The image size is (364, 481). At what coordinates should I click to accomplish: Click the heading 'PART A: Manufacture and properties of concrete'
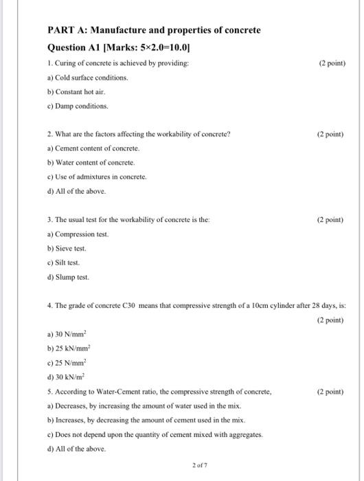coord(153,31)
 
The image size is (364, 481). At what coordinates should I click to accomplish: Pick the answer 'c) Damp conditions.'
coord(77,106)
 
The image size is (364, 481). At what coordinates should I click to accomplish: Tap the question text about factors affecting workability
coord(138,134)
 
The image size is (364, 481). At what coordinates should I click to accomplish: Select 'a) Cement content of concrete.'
coord(93,148)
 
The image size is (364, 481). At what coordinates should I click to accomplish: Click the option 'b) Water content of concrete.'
coord(91,163)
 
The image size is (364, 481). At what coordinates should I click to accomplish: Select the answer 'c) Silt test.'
coord(63,262)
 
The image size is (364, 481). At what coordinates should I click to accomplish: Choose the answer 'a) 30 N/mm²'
coord(70,335)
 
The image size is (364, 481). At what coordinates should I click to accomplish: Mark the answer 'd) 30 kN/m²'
coord(70,377)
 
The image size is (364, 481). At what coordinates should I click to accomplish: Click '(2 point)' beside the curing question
coord(332,63)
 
